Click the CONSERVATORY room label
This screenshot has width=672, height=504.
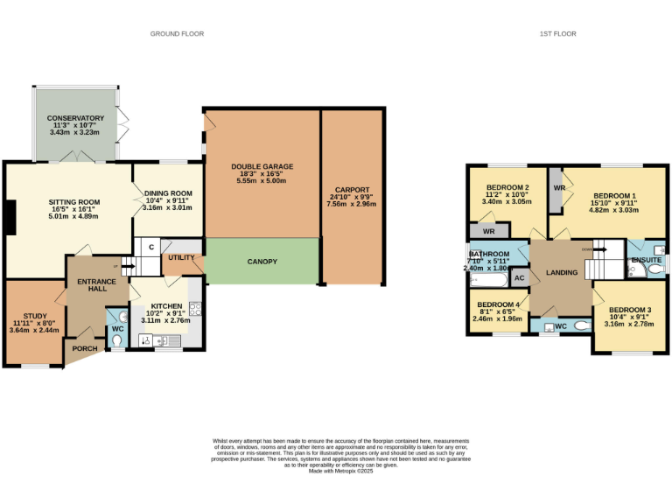(76, 118)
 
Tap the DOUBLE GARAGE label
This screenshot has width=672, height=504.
(262, 166)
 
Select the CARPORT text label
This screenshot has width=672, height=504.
(352, 189)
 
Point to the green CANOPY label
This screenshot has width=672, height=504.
(262, 262)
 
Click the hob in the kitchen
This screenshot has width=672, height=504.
(195, 308)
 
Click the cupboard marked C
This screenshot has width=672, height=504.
(150, 248)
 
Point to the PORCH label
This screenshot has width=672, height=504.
(86, 348)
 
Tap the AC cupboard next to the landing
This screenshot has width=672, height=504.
(519, 278)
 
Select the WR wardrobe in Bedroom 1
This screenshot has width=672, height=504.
(556, 188)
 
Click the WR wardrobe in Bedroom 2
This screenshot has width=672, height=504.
(488, 232)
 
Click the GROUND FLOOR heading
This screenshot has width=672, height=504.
(177, 33)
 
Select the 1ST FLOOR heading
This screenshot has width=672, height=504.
(558, 33)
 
